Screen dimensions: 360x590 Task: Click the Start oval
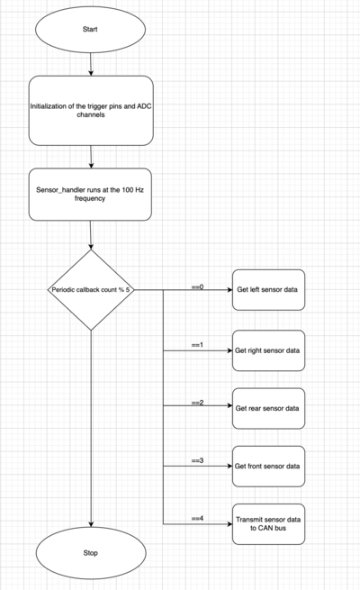(x=90, y=30)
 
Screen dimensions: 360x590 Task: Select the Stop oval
(x=91, y=553)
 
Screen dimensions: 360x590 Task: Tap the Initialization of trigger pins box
(x=91, y=111)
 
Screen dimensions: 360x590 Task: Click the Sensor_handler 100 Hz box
(x=90, y=195)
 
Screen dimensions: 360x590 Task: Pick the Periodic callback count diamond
(x=91, y=290)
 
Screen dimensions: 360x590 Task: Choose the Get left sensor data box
(x=268, y=290)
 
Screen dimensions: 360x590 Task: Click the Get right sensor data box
(x=268, y=350)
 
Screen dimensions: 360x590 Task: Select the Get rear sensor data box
(x=268, y=408)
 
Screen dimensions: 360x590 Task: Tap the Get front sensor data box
(x=268, y=467)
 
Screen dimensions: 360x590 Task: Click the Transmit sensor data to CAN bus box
(x=268, y=523)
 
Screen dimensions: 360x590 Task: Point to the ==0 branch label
(x=198, y=287)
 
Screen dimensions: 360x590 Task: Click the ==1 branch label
(x=198, y=345)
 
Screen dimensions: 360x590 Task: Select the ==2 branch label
(x=198, y=403)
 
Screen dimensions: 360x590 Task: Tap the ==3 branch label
(x=198, y=460)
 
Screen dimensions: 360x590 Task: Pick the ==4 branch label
(x=198, y=519)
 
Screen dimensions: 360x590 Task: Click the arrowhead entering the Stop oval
(x=91, y=524)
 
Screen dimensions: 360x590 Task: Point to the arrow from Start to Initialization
(x=91, y=64)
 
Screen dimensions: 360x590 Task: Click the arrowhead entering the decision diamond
(x=91, y=247)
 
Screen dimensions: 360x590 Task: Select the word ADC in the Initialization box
(x=144, y=106)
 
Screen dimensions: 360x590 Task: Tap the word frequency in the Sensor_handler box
(x=90, y=198)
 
